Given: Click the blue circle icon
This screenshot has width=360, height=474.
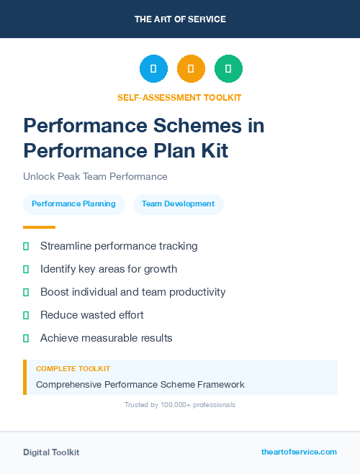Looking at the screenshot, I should click(153, 68).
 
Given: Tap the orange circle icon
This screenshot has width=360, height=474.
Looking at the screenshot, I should click(191, 68).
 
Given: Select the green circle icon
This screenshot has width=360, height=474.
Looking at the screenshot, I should click(228, 68).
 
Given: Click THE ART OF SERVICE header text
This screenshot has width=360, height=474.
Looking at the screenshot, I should click(180, 19).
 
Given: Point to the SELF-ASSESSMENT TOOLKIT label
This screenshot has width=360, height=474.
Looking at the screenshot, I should click(179, 97).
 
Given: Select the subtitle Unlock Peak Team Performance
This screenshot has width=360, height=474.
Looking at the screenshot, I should click(95, 176).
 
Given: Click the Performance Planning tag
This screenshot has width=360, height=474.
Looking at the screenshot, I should click(73, 204).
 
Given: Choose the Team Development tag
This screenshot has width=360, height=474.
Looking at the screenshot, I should click(178, 204).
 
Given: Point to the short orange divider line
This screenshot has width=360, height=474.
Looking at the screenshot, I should click(39, 227).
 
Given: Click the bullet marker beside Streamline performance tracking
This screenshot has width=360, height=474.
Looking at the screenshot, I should click(26, 246).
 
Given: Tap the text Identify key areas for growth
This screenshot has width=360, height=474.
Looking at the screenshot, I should click(108, 269).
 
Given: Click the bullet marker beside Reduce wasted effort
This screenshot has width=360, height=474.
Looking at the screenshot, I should click(26, 315).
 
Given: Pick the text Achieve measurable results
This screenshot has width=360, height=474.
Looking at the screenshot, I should click(106, 338).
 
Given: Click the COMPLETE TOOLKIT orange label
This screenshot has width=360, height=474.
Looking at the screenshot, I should click(73, 368).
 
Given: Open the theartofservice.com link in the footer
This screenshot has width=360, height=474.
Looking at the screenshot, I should click(299, 452).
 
